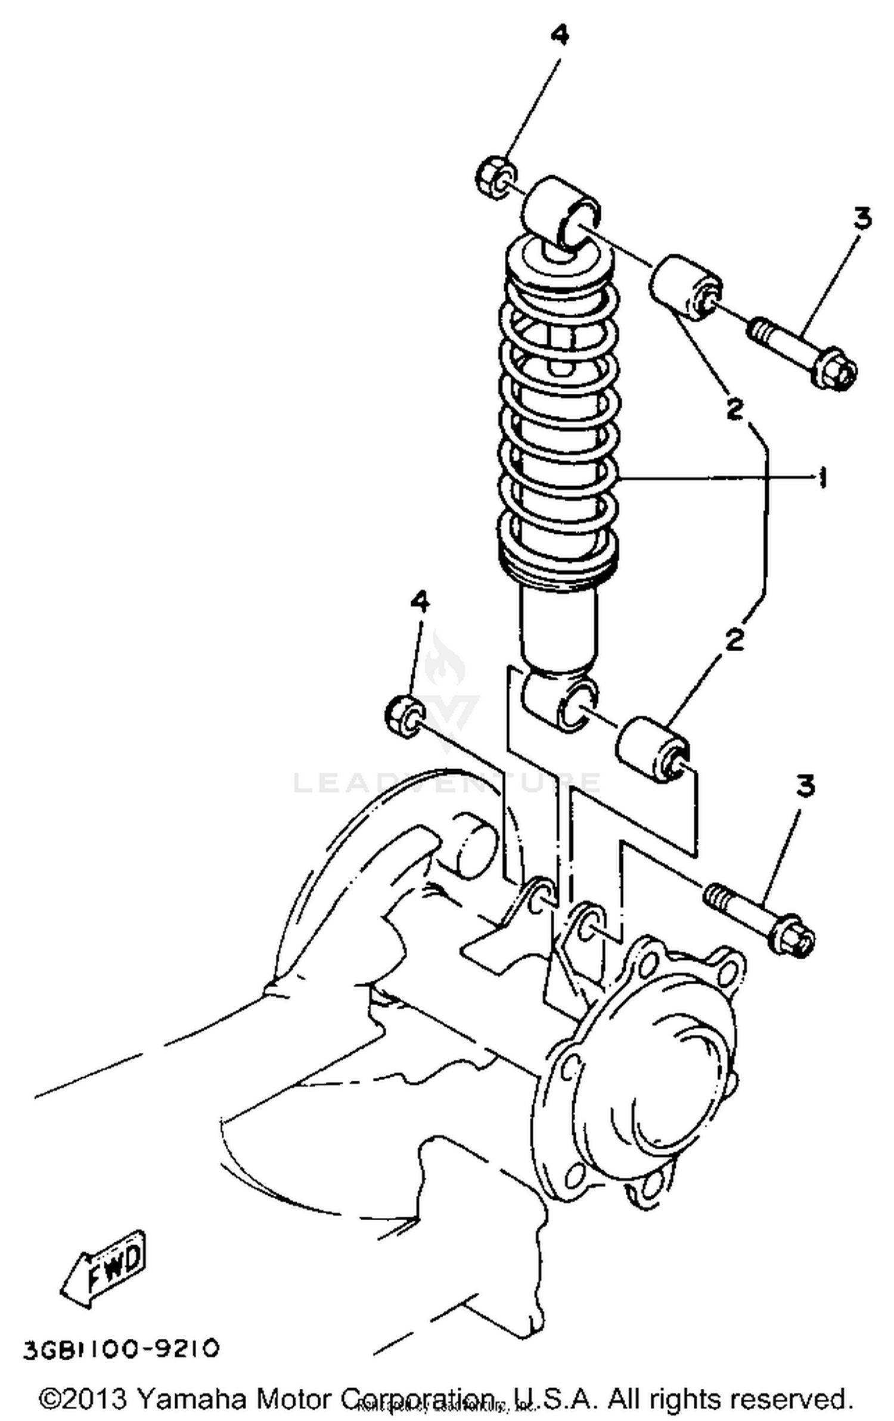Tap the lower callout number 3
pyautogui.click(x=805, y=787)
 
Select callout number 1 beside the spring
pyautogui.click(x=823, y=478)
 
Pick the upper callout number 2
pyautogui.click(x=735, y=408)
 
